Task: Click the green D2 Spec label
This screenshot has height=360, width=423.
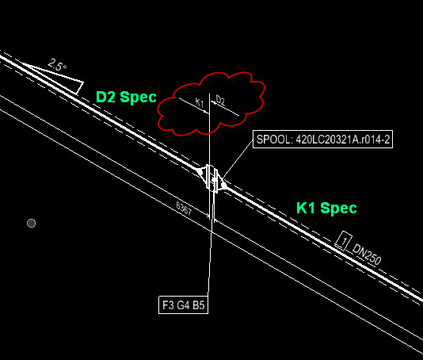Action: (x=126, y=97)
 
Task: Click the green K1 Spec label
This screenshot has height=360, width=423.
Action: (x=326, y=209)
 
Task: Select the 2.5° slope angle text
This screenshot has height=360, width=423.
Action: (x=57, y=65)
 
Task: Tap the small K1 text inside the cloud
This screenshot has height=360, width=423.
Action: (x=200, y=102)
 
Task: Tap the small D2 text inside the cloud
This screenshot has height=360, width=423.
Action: (x=220, y=101)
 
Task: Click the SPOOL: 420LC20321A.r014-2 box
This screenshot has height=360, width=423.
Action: (x=322, y=140)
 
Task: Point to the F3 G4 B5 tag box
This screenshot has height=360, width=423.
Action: (x=184, y=305)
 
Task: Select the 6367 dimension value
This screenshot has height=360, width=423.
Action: (x=184, y=209)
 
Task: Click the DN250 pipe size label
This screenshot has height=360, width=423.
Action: (x=367, y=255)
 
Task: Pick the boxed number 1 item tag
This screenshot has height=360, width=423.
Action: (x=344, y=240)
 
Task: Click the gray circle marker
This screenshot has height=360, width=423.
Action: (x=32, y=224)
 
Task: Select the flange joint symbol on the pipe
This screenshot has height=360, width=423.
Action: (x=212, y=178)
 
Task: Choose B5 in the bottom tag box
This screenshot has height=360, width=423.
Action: (x=199, y=305)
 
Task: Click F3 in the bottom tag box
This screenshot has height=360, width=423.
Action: (x=169, y=305)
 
